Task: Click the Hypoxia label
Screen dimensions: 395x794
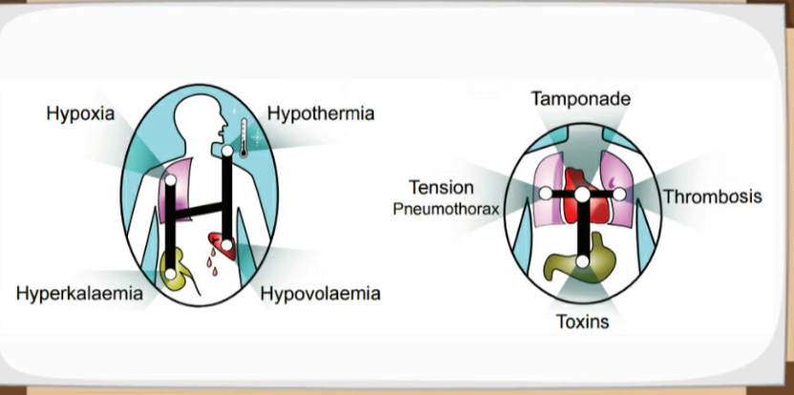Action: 80,114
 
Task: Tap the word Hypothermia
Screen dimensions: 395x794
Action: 321,114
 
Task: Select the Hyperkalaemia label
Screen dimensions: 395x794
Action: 79,293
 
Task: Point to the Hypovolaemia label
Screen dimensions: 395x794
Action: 320,293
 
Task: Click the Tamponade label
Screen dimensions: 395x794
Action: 581,98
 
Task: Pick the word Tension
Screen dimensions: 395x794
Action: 441,187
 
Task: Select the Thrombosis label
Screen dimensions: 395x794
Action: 713,197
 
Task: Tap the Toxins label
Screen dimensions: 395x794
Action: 583,322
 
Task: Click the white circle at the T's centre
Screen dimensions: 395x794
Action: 582,195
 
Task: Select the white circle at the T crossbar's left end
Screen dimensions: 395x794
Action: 546,194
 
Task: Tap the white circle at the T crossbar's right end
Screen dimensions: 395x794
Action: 618,195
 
